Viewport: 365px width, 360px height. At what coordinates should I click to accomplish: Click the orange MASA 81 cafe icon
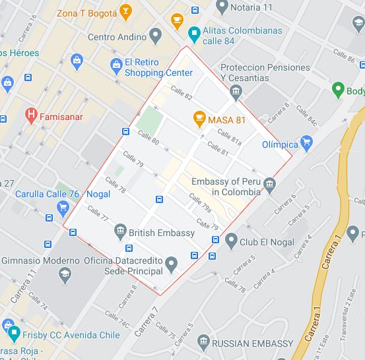[199, 119]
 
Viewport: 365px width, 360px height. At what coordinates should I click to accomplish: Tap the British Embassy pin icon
[119, 231]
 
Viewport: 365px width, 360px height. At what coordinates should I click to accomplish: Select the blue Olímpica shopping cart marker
[306, 142]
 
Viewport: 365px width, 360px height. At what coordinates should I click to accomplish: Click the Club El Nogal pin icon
[230, 241]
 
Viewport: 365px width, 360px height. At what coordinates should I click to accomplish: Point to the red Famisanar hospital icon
[30, 115]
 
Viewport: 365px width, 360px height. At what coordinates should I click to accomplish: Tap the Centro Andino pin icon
[156, 36]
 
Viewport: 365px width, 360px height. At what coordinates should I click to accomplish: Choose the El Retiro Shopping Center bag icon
[115, 65]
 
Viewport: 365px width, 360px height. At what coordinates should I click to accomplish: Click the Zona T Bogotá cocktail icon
[125, 11]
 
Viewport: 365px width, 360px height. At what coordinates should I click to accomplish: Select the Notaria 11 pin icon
[222, 7]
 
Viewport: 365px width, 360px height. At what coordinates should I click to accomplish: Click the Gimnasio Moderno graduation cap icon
[65, 274]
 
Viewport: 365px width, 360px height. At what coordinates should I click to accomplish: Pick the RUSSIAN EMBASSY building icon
[203, 342]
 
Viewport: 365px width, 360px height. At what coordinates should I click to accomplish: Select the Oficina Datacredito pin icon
[172, 266]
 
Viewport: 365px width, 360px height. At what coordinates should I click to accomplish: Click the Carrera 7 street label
[146, 322]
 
